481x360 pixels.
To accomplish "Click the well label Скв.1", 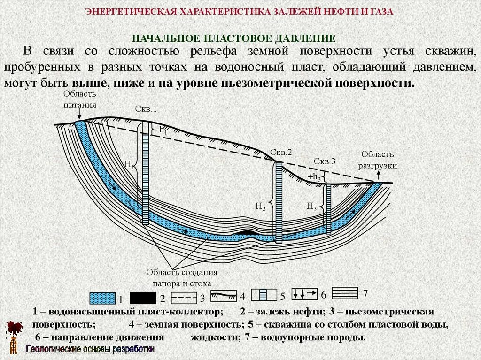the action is coord(147,109).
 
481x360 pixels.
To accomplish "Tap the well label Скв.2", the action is coord(281,153).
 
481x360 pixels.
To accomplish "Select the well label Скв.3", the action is coord(324,161).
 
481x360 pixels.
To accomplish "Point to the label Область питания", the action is coord(80,100).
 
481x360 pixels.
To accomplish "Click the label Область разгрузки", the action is coord(378,160).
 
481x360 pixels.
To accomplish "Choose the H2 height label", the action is coord(261,206).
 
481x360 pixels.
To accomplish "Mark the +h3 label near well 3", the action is coord(314,177).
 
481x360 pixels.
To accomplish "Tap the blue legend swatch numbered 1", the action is coord(101,298).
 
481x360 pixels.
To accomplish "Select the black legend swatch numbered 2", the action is coord(143,298).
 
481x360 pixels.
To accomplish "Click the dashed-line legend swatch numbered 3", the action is coord(184,297).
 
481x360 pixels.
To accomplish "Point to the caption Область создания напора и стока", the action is coord(181,277).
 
